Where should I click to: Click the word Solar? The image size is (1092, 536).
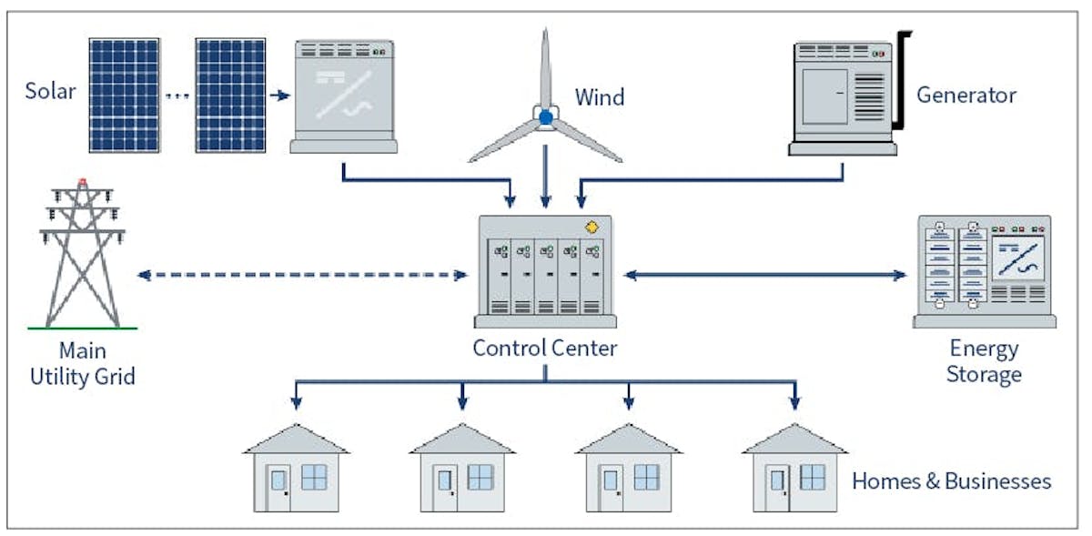(x=50, y=91)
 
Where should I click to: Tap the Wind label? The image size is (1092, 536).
(x=600, y=96)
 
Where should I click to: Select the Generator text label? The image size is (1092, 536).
(x=966, y=95)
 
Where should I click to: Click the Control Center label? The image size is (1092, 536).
(x=544, y=348)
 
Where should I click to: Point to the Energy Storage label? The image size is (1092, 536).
(x=984, y=361)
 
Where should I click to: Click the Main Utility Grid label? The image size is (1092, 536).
(x=83, y=363)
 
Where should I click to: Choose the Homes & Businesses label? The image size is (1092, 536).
(x=952, y=480)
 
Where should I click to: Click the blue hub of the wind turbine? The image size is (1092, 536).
(x=545, y=116)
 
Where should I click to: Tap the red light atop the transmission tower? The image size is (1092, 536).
(x=83, y=182)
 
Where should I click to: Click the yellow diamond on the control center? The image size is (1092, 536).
(x=593, y=227)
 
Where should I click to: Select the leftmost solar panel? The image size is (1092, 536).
(x=124, y=95)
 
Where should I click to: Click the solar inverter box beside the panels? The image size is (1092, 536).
(x=343, y=96)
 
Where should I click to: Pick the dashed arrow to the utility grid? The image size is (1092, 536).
(x=300, y=274)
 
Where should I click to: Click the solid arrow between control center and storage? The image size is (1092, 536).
(x=764, y=274)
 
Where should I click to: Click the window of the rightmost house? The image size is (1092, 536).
(x=813, y=477)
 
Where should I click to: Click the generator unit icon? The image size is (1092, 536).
(x=842, y=96)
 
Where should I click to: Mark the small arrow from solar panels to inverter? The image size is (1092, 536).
(x=279, y=95)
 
